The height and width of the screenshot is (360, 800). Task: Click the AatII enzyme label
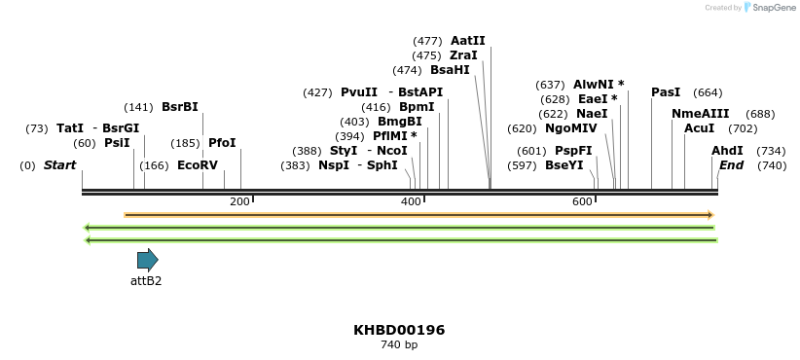467,41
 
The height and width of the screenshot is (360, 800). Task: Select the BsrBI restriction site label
179,107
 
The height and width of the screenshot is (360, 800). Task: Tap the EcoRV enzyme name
198,165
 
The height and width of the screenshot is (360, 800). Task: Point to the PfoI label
222,143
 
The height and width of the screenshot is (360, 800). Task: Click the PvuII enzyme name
359,92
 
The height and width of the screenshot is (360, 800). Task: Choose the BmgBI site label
400,122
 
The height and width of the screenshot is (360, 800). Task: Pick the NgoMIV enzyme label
571,128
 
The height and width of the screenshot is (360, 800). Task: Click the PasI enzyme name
666,92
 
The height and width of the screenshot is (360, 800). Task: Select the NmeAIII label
700,114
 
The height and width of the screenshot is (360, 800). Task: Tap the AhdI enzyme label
727,151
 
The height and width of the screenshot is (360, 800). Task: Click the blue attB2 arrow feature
147,260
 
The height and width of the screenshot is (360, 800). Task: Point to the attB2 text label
146,281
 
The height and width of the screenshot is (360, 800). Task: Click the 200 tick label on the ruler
239,201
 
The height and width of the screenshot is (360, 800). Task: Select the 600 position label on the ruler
582,201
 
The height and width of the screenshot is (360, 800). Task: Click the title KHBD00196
399,330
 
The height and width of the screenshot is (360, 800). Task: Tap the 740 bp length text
399,345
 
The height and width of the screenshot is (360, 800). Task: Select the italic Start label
59,165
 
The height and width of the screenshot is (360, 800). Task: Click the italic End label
731,165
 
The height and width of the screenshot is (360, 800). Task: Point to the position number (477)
427,41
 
